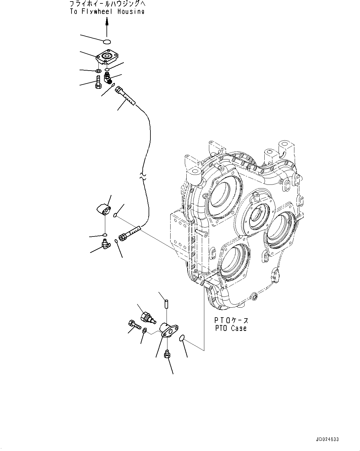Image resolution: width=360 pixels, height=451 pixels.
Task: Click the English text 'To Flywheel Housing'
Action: click(107, 12)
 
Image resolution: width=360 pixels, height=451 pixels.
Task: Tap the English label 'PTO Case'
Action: click(231, 328)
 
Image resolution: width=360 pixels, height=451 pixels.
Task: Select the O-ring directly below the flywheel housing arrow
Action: click(107, 41)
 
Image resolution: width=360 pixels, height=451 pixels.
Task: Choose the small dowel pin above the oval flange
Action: click(166, 304)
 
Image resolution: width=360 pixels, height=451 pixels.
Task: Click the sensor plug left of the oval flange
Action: click(147, 318)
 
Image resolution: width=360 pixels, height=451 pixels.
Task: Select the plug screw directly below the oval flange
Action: click(167, 354)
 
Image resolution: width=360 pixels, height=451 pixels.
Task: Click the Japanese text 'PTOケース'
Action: click(231, 320)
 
